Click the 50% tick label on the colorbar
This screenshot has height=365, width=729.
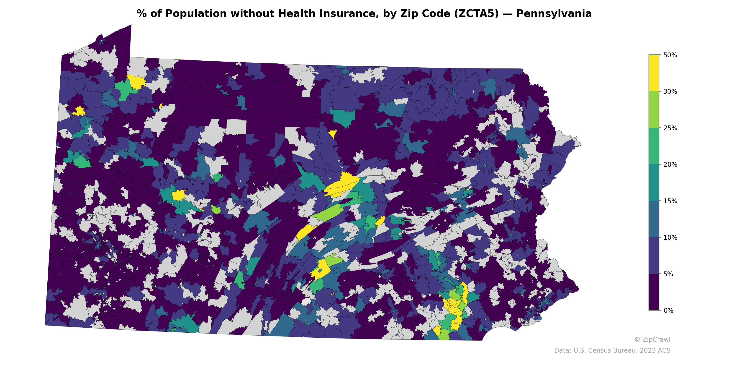670,55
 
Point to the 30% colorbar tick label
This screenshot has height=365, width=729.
670,91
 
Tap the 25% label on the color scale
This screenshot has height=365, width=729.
670,128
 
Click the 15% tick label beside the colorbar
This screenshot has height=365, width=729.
670,201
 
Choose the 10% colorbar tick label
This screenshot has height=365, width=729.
670,237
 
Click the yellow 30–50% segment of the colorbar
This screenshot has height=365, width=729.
654,73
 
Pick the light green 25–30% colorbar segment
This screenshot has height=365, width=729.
654,110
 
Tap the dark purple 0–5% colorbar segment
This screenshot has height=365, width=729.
654,292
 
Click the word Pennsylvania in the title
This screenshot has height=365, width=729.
554,14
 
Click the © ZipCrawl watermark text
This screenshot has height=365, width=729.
652,339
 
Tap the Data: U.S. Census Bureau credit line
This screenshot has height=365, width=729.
612,351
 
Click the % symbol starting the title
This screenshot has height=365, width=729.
141,14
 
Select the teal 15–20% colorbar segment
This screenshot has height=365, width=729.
654,183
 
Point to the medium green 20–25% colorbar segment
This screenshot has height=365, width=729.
654,146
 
